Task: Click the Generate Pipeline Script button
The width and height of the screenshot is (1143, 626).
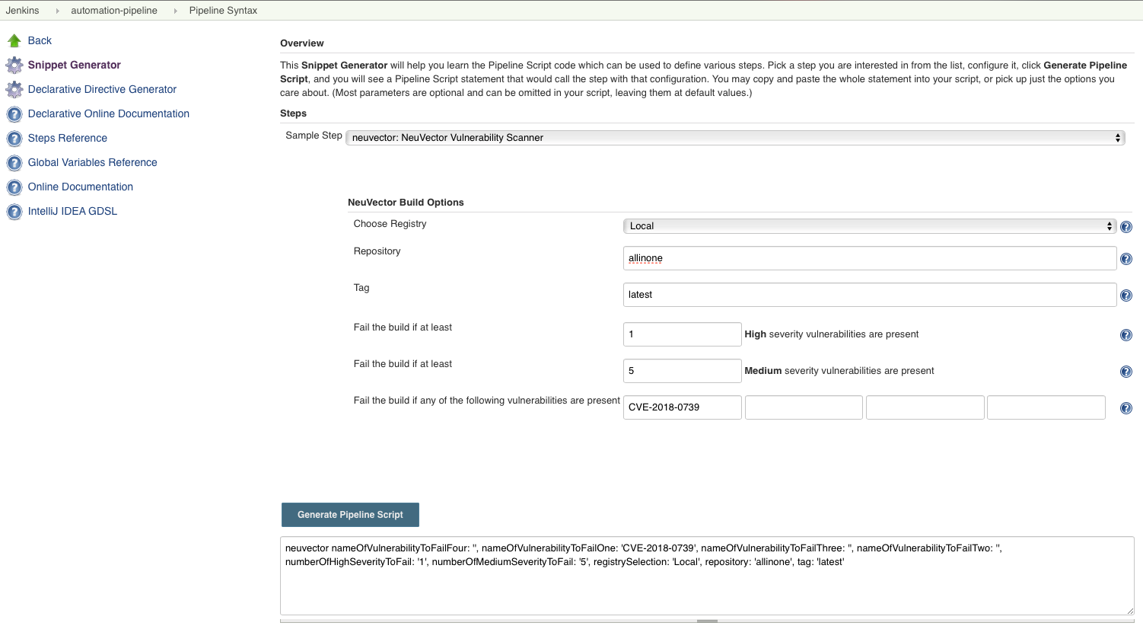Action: [x=350, y=515]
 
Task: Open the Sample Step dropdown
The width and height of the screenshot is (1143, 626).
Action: [x=734, y=138]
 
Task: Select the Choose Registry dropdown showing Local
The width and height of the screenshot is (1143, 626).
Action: [x=869, y=226]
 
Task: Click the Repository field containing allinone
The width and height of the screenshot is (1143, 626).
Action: [x=869, y=258]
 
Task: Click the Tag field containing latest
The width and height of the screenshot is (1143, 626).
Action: [x=869, y=295]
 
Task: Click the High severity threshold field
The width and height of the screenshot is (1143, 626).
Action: [x=682, y=334]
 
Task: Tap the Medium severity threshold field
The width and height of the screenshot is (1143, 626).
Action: [x=682, y=371]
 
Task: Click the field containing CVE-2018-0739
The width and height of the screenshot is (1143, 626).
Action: [x=682, y=407]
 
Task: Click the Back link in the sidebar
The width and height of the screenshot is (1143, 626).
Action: [x=40, y=40]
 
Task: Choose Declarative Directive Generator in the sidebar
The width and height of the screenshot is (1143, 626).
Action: [x=102, y=89]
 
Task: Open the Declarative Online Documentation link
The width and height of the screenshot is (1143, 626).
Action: [x=108, y=113]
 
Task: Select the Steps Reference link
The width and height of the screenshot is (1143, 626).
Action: [x=67, y=138]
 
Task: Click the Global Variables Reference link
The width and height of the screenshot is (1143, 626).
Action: [x=92, y=162]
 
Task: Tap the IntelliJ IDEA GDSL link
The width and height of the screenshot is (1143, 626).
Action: [x=72, y=211]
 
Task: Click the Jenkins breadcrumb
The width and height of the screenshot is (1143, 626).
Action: [x=22, y=11]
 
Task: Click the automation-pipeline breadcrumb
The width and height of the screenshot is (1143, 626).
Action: [x=114, y=11]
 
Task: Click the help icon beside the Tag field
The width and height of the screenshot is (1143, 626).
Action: [x=1126, y=295]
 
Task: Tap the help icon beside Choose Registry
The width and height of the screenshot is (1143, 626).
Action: [x=1126, y=227]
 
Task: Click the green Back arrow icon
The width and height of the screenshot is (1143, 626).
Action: [x=14, y=40]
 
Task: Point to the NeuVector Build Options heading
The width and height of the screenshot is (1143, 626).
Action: [x=406, y=203]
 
